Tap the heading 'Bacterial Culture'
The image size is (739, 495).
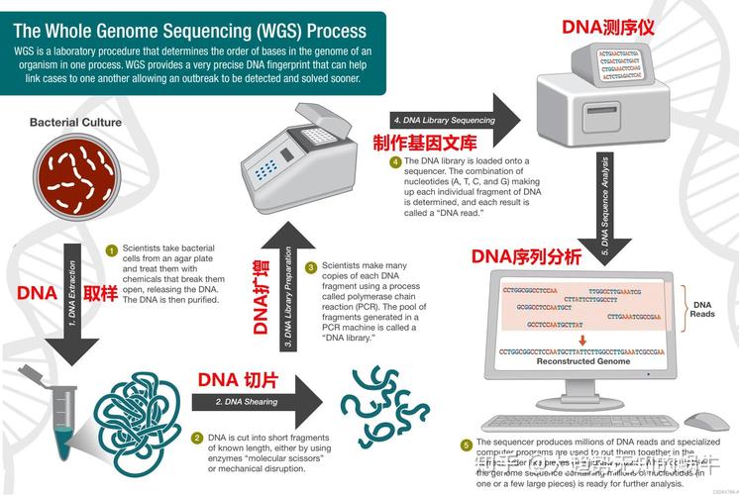[x=75, y=123]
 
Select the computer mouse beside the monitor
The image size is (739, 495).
[x=706, y=422]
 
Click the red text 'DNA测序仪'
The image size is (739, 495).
[x=608, y=27]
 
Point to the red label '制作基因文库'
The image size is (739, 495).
[x=425, y=143]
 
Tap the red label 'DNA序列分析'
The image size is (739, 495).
[x=526, y=257]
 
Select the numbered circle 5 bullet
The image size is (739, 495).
[x=467, y=445]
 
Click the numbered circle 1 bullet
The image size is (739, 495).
[x=112, y=250]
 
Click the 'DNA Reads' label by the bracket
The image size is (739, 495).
[x=702, y=309]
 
